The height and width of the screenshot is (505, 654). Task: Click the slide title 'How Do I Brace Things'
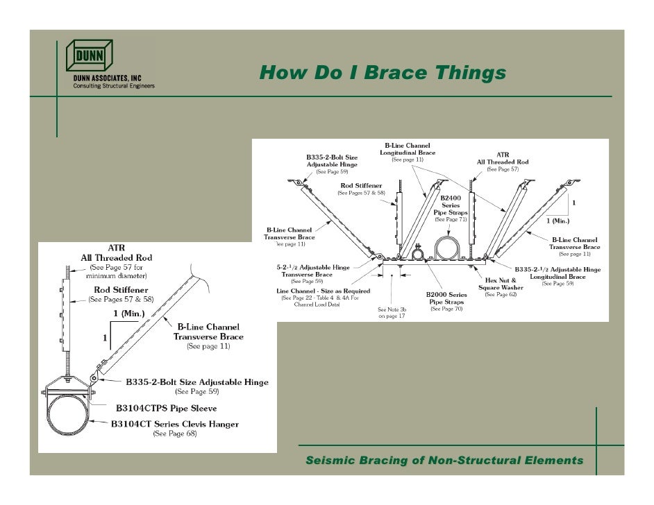(x=383, y=72)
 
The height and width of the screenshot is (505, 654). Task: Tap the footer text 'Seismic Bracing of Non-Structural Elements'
(x=444, y=461)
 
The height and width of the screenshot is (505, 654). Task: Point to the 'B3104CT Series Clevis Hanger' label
(x=175, y=423)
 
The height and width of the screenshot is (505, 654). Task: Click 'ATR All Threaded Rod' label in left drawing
(x=115, y=254)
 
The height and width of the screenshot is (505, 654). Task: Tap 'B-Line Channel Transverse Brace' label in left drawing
(x=208, y=332)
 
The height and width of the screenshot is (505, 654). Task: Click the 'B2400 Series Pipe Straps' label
(x=451, y=205)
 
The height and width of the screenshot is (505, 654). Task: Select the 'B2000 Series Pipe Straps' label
(x=446, y=298)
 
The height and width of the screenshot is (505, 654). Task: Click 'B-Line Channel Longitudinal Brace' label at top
(x=408, y=148)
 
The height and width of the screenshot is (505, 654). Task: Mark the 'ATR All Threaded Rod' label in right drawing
(x=502, y=158)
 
